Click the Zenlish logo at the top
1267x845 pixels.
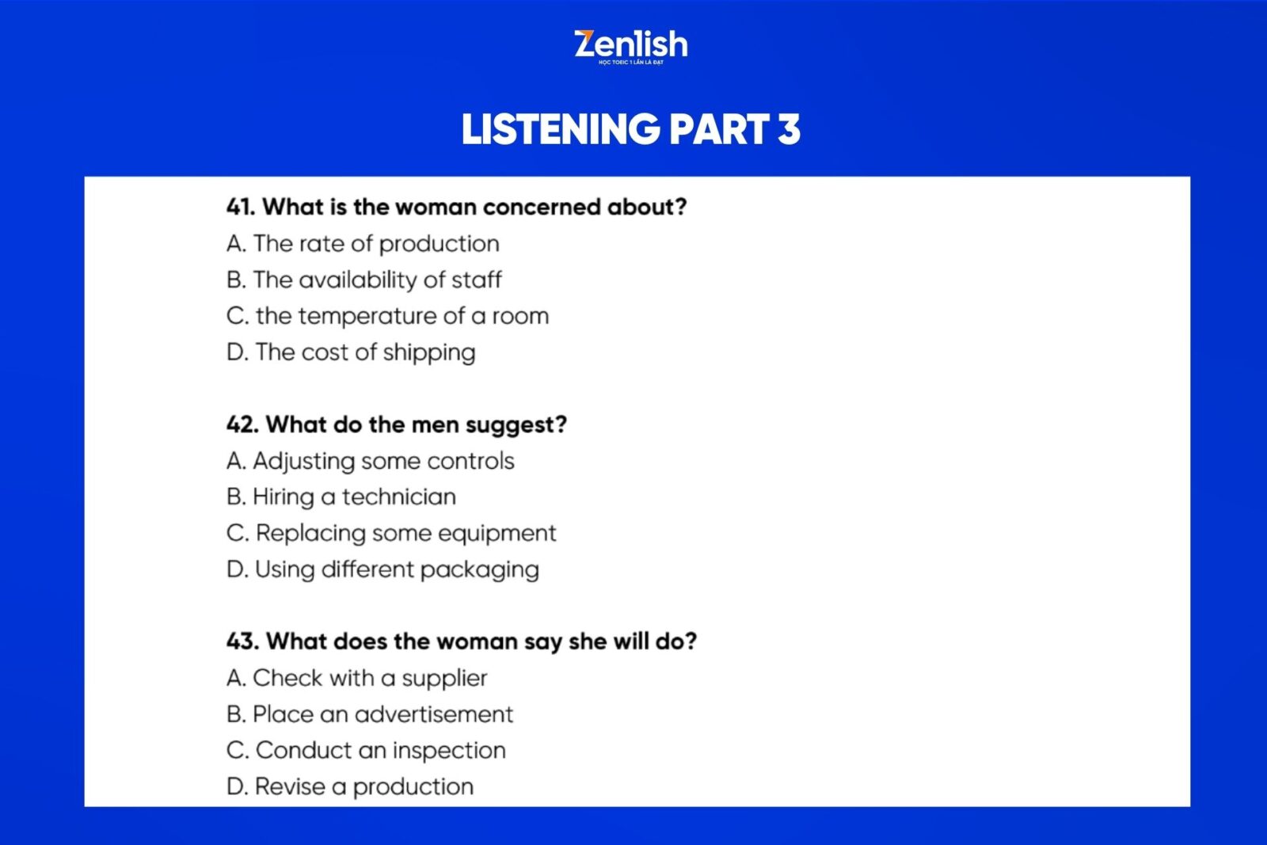click(630, 47)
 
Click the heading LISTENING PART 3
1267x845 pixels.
click(630, 129)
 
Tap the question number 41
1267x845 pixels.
click(241, 207)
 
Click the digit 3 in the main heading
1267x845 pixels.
click(789, 129)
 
